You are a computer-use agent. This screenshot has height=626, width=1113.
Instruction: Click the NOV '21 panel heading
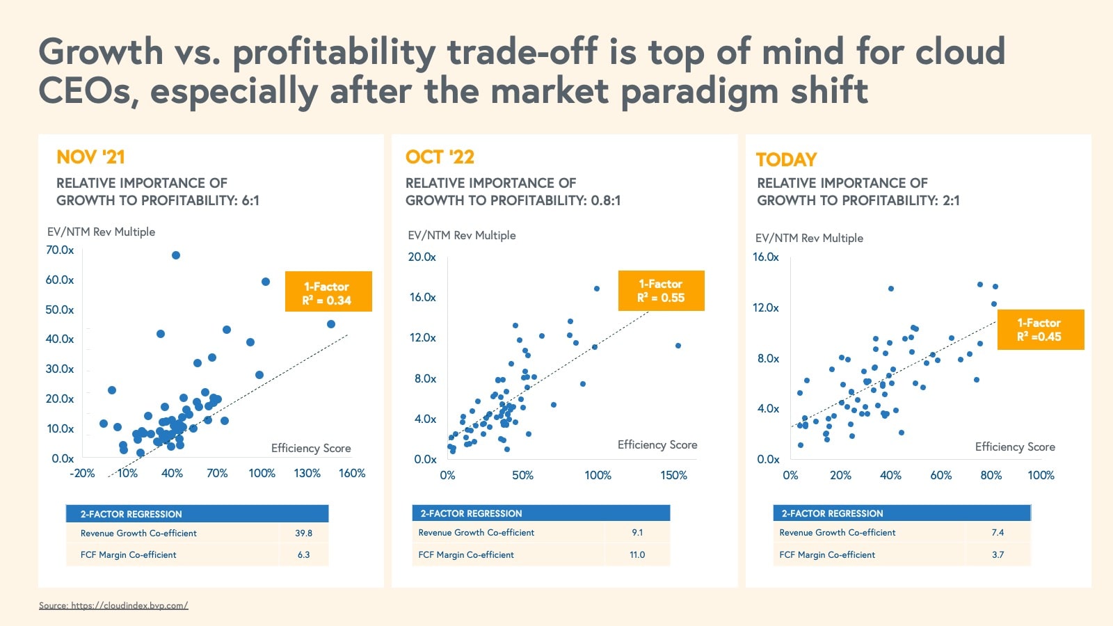[90, 157]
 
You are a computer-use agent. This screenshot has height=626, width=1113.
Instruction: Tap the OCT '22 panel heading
[440, 157]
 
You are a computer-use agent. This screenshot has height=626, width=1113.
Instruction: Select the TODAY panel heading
[786, 160]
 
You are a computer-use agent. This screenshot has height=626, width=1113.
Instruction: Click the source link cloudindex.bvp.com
[113, 605]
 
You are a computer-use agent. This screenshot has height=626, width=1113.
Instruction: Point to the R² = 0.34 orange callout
[328, 292]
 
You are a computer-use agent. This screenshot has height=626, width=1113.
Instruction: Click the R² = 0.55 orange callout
[661, 291]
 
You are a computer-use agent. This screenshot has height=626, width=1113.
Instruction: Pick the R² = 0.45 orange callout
[1040, 330]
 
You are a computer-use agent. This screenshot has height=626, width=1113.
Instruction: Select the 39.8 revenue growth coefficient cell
[303, 533]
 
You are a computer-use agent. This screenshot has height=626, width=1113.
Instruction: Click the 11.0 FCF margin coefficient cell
[637, 555]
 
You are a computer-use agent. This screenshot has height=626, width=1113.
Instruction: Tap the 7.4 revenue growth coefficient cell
[998, 533]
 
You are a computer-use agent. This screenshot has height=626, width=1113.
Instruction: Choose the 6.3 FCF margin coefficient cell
[303, 555]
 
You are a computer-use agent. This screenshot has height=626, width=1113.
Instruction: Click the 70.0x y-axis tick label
[60, 250]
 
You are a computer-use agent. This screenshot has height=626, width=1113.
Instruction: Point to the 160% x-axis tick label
[352, 474]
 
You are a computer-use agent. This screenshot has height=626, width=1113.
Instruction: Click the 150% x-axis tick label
[673, 476]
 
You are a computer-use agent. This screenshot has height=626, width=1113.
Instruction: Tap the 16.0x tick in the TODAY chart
[766, 257]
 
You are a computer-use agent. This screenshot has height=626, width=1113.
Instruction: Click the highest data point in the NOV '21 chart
[176, 255]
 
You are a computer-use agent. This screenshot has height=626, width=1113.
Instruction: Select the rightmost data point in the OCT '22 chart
[678, 346]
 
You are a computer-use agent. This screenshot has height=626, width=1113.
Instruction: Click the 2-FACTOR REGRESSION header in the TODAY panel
[832, 514]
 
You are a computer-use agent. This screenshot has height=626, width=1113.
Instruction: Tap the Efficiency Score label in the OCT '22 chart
[657, 445]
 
